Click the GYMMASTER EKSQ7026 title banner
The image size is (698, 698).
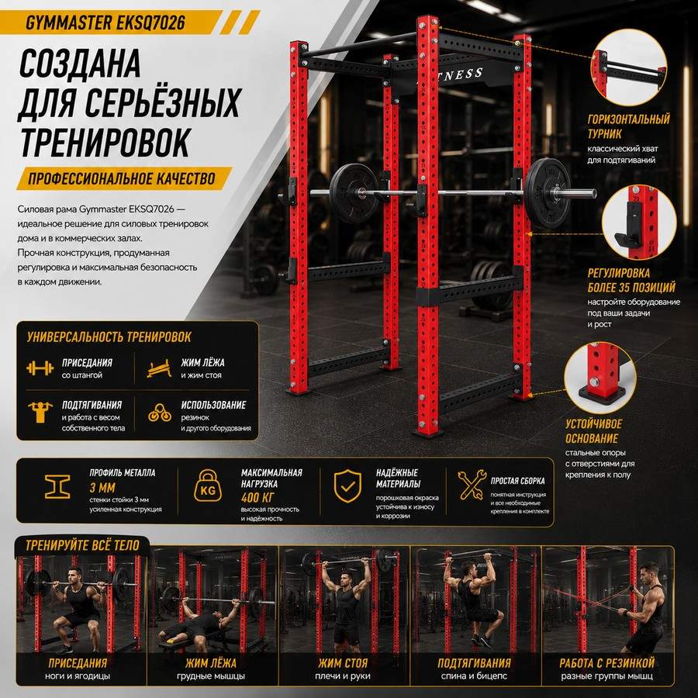click(111, 22)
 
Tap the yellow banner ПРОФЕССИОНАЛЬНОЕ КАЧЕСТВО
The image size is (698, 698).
click(124, 178)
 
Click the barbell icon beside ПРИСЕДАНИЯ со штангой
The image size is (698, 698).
click(40, 368)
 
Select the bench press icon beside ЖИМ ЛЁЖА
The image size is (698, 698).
click(159, 368)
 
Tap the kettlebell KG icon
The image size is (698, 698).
click(208, 485)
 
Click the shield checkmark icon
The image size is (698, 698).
click(347, 486)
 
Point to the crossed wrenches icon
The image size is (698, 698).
click(472, 484)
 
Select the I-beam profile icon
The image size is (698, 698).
click(57, 486)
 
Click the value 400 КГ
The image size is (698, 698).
click(257, 497)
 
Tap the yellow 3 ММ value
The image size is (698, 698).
click(102, 488)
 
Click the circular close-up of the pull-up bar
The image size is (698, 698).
click(628, 67)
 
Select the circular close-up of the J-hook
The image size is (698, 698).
click(639, 222)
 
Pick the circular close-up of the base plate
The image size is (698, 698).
click(600, 378)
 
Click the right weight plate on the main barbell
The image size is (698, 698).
click(547, 193)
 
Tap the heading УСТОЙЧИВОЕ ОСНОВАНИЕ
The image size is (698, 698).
click(593, 431)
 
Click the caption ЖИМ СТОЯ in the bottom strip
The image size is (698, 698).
click(343, 663)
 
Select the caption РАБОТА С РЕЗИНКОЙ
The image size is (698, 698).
click(607, 663)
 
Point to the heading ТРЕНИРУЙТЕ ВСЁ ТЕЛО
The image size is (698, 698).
click(82, 545)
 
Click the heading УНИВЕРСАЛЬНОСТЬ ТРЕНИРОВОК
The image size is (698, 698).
click(109, 337)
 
